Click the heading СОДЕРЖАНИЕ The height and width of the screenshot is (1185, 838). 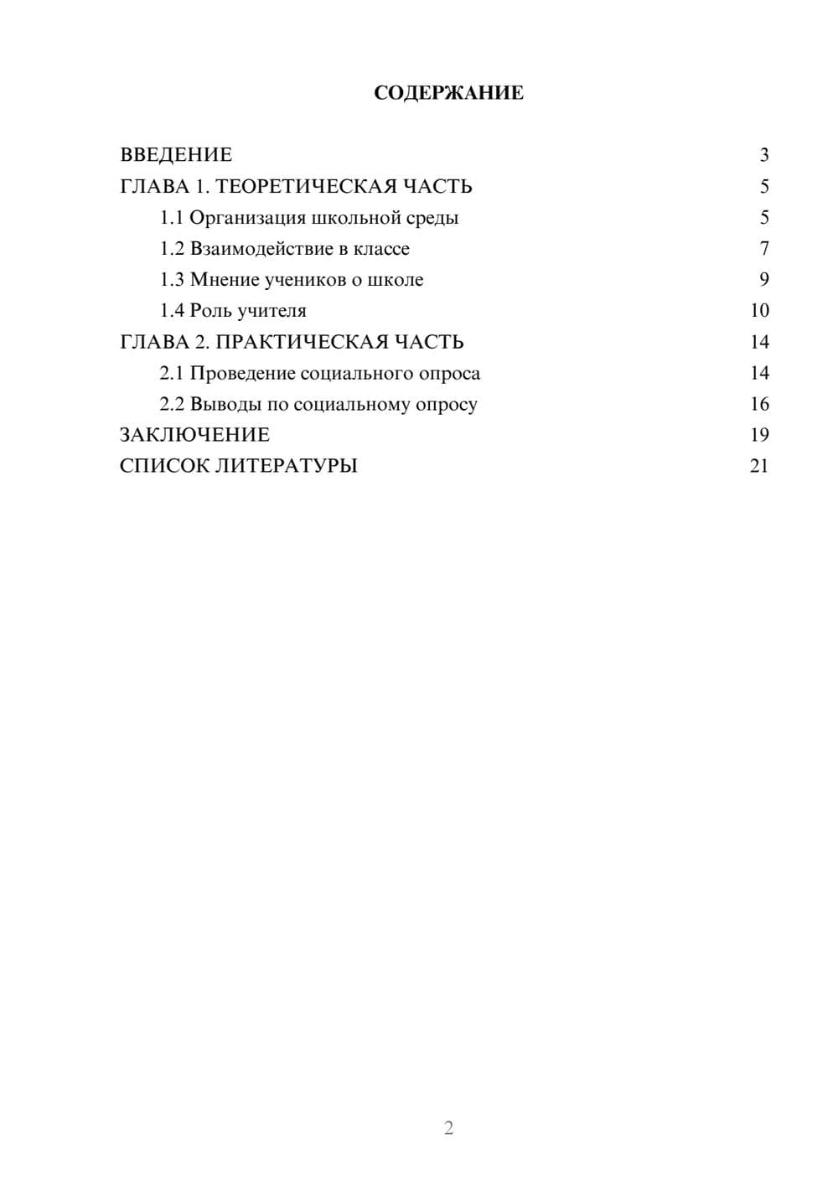[x=448, y=93]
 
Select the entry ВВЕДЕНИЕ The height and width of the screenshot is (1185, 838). [x=176, y=155]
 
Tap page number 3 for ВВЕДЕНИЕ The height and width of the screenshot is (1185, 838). [x=763, y=155]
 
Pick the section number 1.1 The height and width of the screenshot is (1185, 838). [x=172, y=218]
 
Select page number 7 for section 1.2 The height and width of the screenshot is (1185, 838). [x=763, y=249]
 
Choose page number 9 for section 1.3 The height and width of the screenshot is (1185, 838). [x=763, y=280]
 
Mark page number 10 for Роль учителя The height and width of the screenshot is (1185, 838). [x=759, y=311]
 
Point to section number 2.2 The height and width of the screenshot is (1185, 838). [x=172, y=404]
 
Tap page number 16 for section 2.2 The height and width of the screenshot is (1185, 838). [x=759, y=404]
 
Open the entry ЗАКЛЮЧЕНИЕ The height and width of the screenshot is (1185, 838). [x=194, y=435]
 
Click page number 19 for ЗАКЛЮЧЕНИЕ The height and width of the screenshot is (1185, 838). [x=759, y=435]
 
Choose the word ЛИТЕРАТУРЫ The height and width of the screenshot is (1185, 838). [x=286, y=466]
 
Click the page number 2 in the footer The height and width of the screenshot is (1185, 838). [x=448, y=1128]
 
